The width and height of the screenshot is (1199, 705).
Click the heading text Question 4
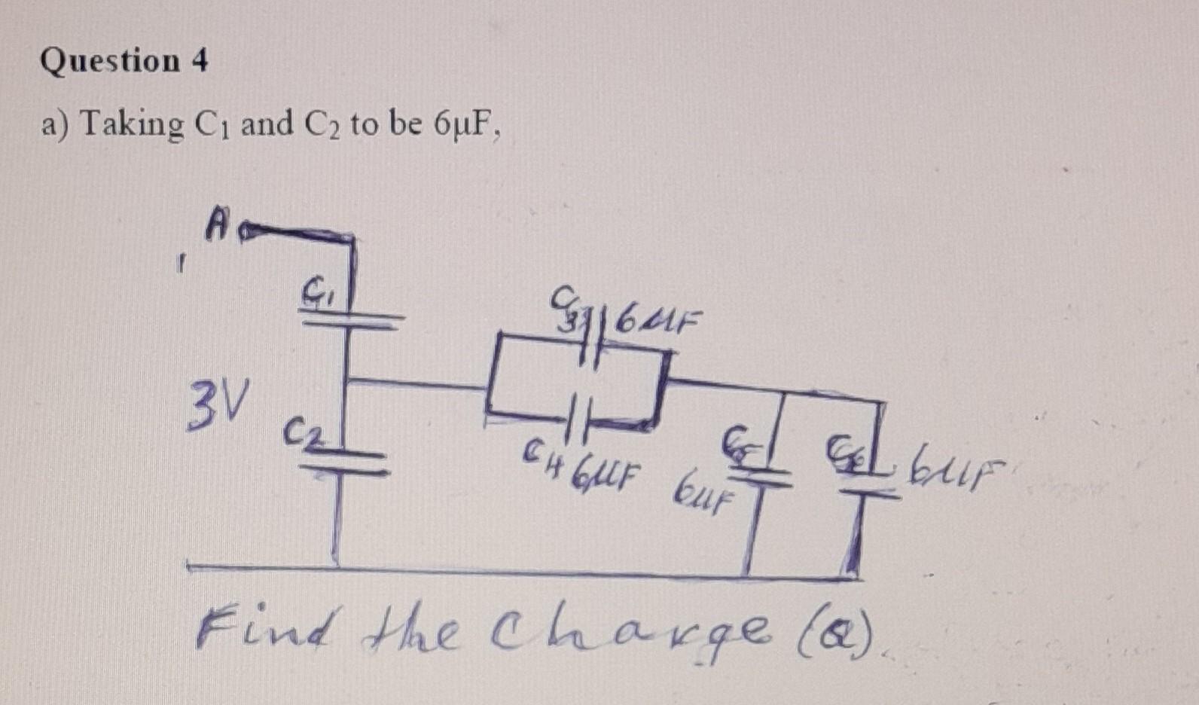(x=124, y=60)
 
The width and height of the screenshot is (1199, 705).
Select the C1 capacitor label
(x=315, y=289)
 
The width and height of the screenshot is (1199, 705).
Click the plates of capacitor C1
(x=350, y=320)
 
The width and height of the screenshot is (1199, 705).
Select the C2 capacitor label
(x=301, y=435)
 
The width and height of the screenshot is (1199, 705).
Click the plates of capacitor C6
(x=866, y=484)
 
